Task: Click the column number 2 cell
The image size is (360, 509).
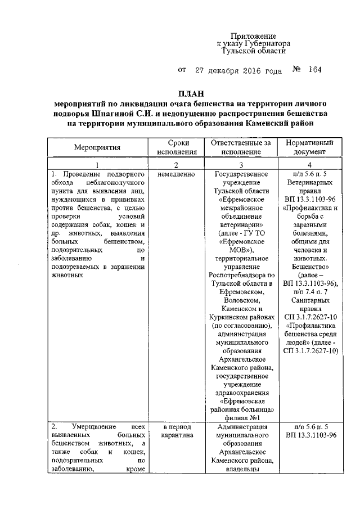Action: (176, 165)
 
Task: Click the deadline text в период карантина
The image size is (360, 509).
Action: (176, 431)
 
